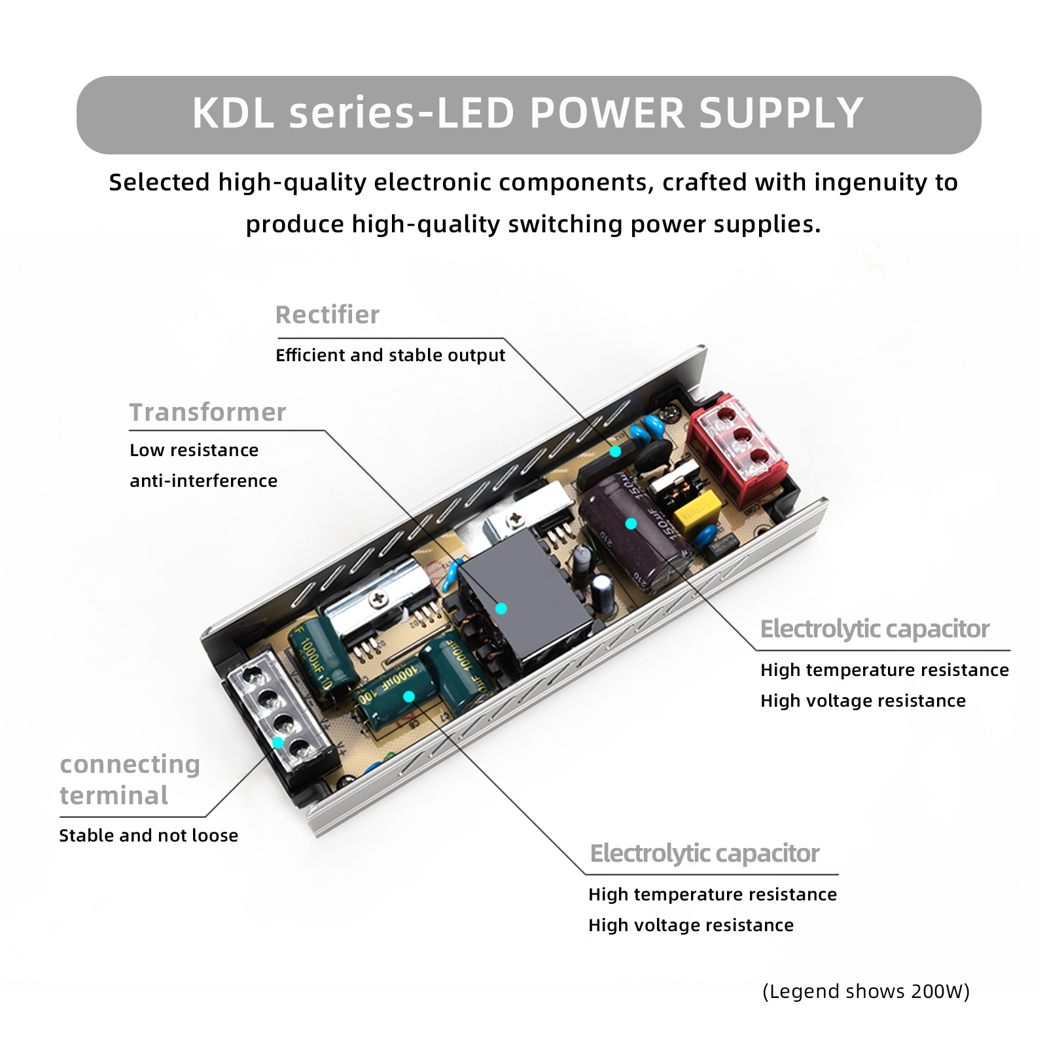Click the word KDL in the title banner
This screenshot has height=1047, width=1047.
[232, 113]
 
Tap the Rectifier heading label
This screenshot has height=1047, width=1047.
[327, 315]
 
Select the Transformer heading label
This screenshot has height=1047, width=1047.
[207, 412]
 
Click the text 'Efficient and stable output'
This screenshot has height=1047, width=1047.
[390, 355]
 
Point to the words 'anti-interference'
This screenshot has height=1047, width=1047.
[204, 481]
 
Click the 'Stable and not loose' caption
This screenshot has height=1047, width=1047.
[149, 836]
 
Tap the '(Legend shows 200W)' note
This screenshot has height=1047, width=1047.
[866, 991]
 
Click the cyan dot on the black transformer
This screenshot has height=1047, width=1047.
[501, 609]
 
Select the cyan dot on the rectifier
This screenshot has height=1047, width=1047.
[615, 452]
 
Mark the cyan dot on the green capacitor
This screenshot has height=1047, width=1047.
[409, 696]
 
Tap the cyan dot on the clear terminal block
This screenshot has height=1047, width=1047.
[278, 742]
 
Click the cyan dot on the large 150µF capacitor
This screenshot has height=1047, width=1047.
[631, 523]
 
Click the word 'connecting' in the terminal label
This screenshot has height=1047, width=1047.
[130, 764]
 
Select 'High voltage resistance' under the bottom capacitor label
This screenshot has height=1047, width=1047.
[690, 925]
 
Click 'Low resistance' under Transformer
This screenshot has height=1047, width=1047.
[194, 450]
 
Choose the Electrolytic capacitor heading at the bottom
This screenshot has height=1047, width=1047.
[704, 853]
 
